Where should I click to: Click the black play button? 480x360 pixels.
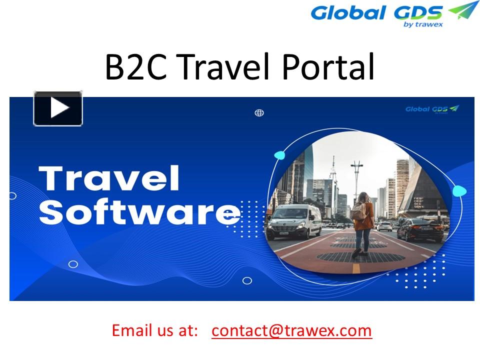click(x=58, y=108)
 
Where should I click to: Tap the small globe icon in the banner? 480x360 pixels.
click(x=259, y=113)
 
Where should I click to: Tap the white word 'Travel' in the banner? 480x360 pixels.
click(x=109, y=178)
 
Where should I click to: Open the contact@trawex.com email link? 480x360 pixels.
click(x=291, y=330)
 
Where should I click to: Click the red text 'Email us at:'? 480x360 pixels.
click(x=155, y=330)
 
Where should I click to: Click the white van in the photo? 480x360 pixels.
click(x=294, y=221)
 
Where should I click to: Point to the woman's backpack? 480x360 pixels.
click(x=359, y=211)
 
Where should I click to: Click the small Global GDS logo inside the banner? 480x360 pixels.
click(x=431, y=109)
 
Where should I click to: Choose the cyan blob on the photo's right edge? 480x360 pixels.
click(x=459, y=190)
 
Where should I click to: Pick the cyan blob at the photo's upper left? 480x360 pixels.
click(x=279, y=155)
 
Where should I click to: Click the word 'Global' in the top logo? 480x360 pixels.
click(x=348, y=12)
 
